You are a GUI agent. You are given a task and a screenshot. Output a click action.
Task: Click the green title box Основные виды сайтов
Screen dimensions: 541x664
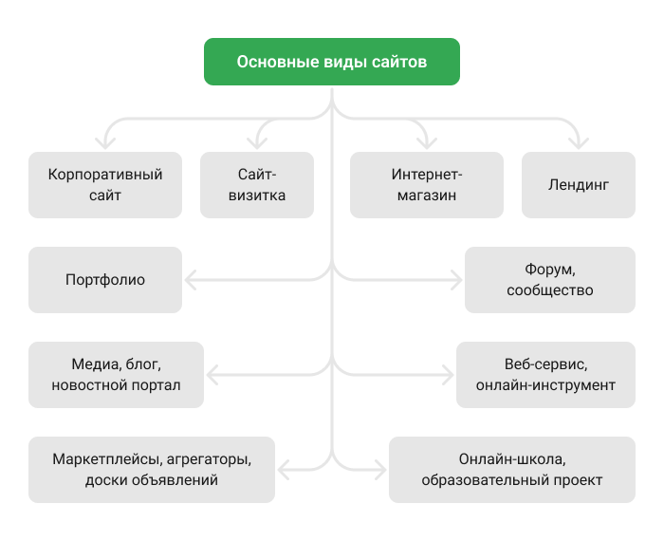click(x=332, y=62)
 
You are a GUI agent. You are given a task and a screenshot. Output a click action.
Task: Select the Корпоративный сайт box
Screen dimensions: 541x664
click(x=105, y=185)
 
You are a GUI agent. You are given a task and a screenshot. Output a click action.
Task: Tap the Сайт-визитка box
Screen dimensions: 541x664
click(x=257, y=185)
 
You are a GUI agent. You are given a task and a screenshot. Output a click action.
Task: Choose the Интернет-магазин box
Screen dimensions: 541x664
click(x=426, y=185)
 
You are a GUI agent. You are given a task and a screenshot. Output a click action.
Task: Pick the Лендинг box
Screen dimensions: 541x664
click(x=579, y=185)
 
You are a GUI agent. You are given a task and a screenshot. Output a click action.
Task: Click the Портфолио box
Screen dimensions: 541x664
click(x=105, y=280)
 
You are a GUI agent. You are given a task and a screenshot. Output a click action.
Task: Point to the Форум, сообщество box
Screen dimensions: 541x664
click(x=550, y=280)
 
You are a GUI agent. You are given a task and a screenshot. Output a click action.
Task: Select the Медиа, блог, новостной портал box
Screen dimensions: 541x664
click(x=116, y=375)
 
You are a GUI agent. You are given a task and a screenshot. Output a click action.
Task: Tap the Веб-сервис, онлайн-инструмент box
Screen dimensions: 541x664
click(x=545, y=375)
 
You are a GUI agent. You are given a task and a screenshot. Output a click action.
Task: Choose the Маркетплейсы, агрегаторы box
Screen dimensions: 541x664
click(x=152, y=470)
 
